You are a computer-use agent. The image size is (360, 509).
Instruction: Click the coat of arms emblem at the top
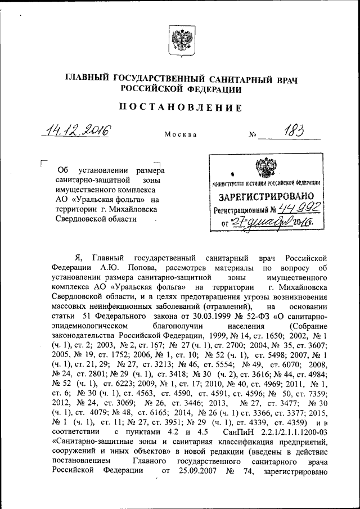179,42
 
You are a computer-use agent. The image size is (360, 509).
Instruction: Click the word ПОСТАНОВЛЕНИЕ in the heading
180,107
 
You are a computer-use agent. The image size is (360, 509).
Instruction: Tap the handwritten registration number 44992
299,209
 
